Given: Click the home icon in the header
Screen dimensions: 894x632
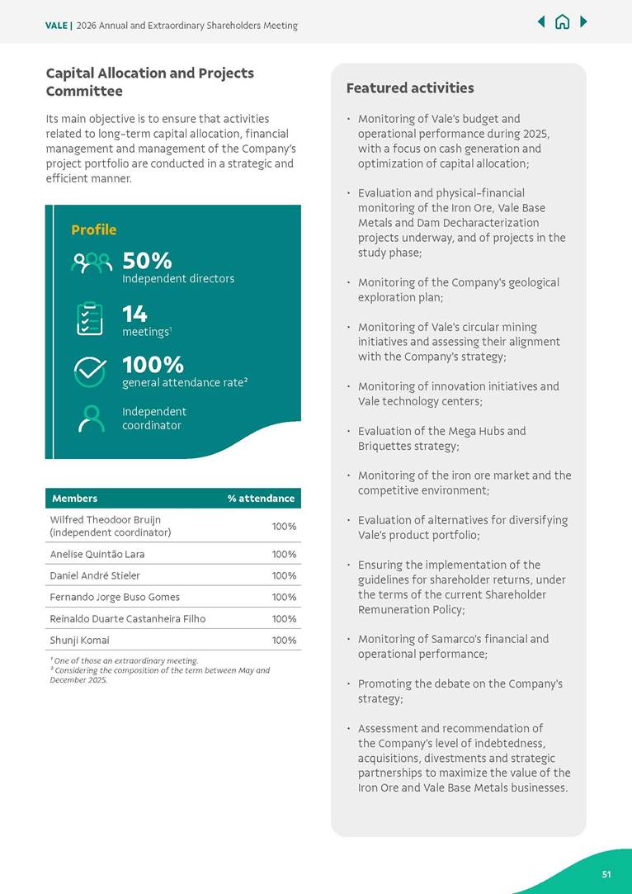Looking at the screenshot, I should [x=562, y=22].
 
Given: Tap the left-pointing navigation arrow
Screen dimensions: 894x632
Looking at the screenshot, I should [x=541, y=21].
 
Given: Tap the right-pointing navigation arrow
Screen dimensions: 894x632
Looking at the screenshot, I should [x=583, y=21].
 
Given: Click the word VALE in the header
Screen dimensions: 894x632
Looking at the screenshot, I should [x=56, y=26].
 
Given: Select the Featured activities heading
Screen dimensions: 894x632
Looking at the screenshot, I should [x=409, y=88].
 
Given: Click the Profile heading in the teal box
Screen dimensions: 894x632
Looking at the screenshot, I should [x=93, y=229].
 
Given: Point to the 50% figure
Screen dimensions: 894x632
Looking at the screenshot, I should [x=147, y=261].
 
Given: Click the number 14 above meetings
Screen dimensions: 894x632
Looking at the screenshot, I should [x=134, y=314].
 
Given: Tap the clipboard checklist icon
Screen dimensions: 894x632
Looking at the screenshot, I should [x=90, y=319].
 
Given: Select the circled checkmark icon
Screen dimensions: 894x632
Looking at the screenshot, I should [x=90, y=371].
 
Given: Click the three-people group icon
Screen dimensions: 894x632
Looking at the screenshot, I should [x=91, y=263].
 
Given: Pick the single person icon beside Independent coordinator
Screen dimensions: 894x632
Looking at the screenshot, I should [x=91, y=419].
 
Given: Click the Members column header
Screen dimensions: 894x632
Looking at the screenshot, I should [x=74, y=498].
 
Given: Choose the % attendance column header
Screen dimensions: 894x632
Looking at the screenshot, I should [x=261, y=498].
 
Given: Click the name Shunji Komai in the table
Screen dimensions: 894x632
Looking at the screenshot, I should [x=79, y=640].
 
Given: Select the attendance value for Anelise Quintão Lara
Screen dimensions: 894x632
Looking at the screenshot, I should [x=284, y=554].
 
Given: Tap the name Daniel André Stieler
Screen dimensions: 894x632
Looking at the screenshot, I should [x=95, y=575].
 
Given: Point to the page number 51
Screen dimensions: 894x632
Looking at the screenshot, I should [x=606, y=874].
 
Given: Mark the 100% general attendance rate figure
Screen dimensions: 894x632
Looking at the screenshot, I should [x=153, y=365].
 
